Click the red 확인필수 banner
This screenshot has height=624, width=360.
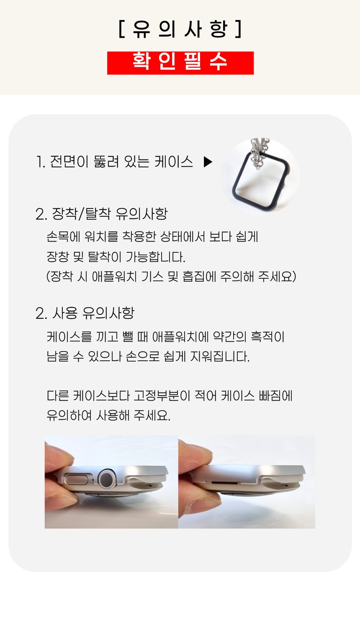coord(180,63)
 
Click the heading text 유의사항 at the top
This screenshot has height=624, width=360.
coord(180,29)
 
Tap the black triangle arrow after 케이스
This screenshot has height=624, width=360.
coord(208,162)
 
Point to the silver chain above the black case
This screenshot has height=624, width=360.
coord(260,152)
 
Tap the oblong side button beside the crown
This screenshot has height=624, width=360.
coord(77,479)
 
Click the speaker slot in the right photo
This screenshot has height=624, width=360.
coord(225,482)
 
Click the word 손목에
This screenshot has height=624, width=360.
coord(64,237)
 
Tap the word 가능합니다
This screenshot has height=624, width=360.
coord(155,257)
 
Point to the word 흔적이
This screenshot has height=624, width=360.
coord(267,337)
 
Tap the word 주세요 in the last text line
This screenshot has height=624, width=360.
coord(152,416)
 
